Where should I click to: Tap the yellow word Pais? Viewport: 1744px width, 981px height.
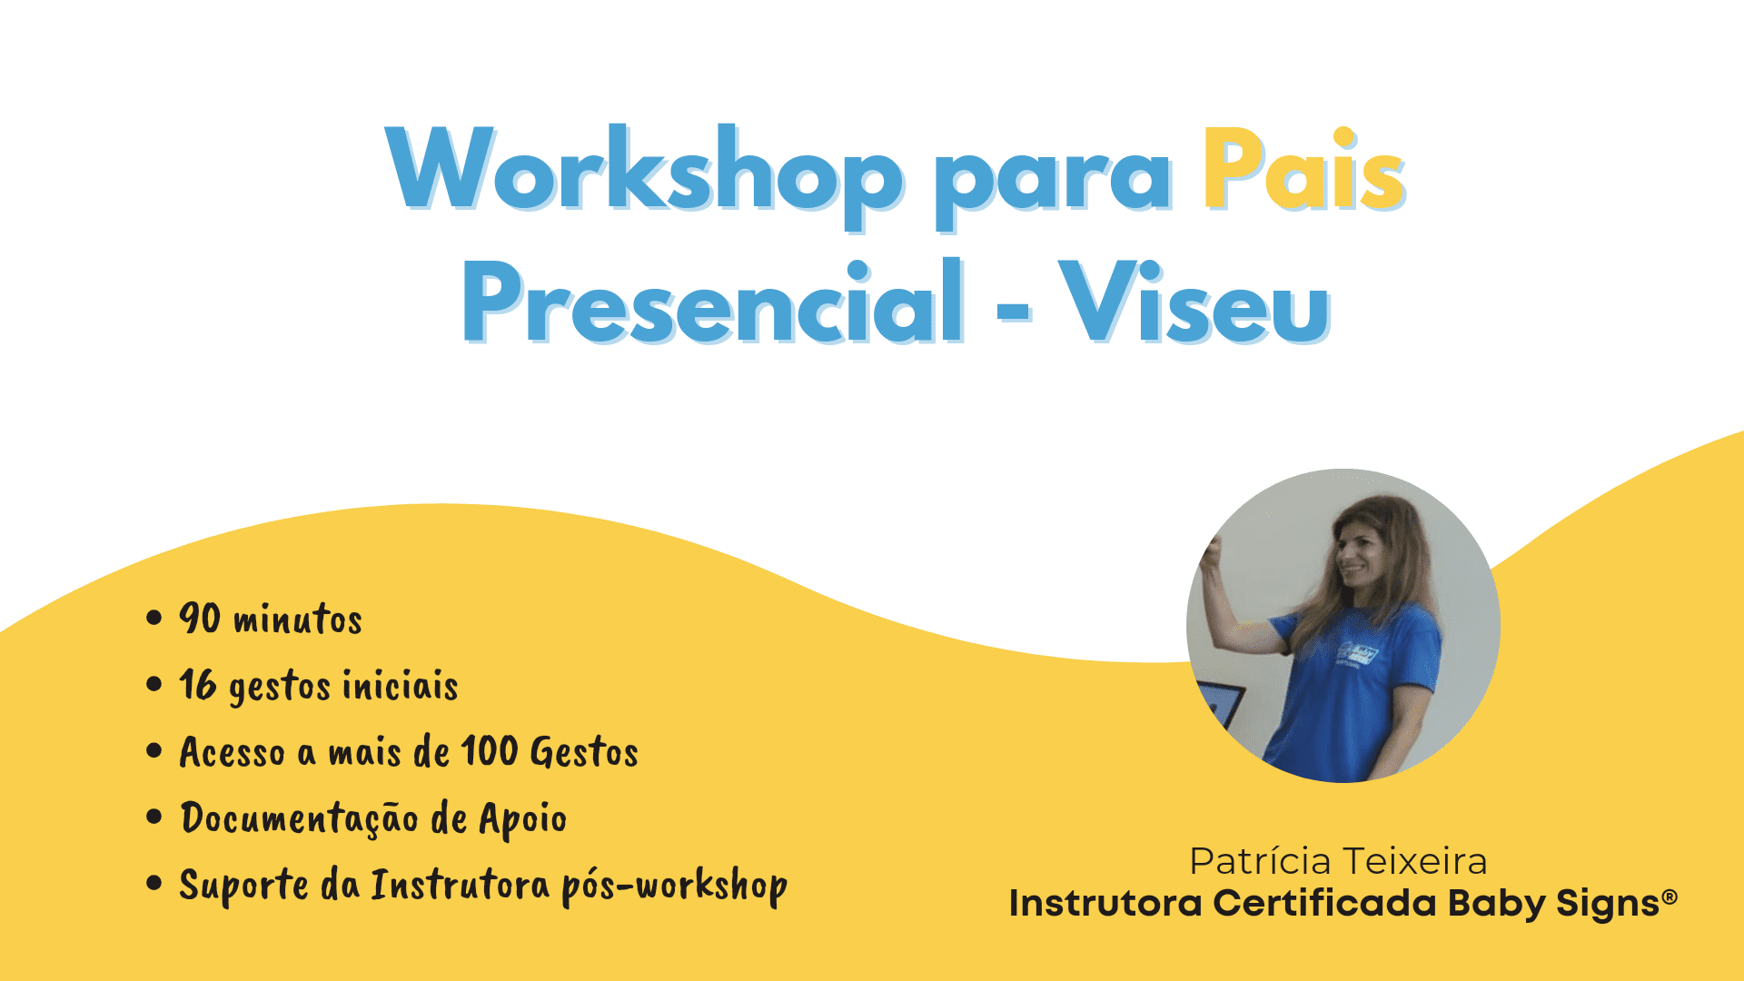[1304, 170]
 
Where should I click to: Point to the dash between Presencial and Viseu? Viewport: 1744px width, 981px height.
[1013, 310]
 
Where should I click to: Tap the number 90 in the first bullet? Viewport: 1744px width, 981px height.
[200, 618]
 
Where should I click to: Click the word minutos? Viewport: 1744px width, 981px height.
[298, 619]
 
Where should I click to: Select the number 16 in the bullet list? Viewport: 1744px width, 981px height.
[198, 685]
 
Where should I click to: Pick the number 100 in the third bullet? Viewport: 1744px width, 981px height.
[489, 751]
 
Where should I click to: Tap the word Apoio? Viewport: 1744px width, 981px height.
[523, 819]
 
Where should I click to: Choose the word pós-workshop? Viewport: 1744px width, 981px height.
[674, 886]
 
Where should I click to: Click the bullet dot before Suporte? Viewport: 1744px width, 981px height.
[154, 883]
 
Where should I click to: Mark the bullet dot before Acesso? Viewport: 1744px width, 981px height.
[154, 751]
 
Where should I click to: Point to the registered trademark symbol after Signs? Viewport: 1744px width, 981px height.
[1670, 897]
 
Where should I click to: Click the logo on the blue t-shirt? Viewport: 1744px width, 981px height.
[1358, 655]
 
